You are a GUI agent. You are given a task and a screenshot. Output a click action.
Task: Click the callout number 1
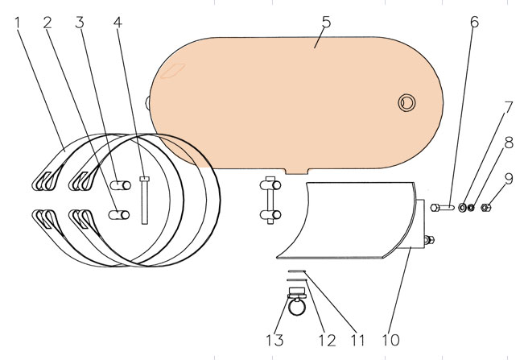pos(18,23)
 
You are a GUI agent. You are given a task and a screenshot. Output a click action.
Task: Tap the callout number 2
pos(47,23)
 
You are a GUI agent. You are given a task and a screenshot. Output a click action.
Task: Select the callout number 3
pos(80,23)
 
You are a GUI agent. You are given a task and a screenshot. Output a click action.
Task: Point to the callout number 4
pos(118,23)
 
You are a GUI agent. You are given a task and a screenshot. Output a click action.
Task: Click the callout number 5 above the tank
pos(326,22)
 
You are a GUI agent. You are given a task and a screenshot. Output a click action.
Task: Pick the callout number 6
pos(474,22)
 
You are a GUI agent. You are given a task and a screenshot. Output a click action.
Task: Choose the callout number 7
pos(508,108)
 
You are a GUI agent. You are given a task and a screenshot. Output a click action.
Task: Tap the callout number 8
pos(509,143)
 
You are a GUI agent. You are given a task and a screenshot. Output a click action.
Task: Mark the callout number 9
pos(509,179)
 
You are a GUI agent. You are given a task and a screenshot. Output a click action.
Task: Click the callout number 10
pos(390,341)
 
